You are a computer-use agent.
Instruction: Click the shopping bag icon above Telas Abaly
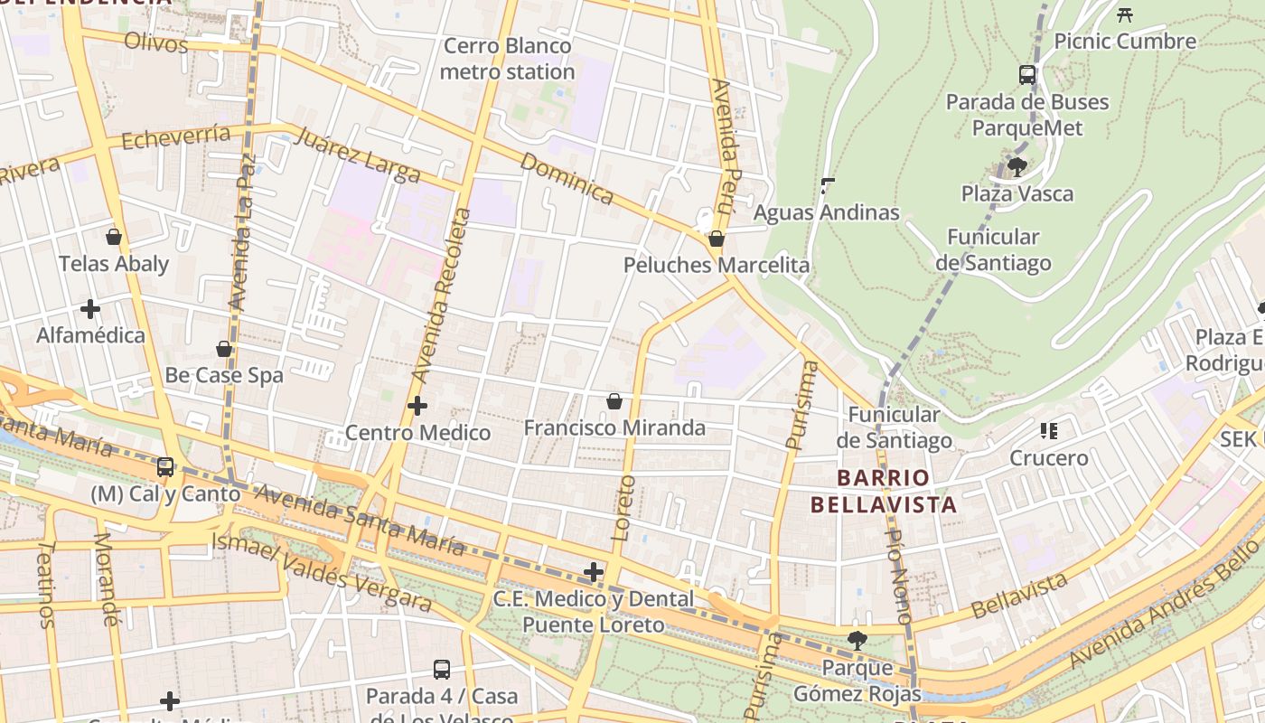[114, 237]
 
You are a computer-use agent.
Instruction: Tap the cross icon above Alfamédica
[90, 309]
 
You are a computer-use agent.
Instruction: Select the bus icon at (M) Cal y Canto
[165, 467]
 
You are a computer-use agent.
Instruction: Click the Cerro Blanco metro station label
[507, 59]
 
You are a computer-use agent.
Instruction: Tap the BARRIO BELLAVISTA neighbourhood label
[883, 491]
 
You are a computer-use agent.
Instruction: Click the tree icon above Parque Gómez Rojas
[857, 641]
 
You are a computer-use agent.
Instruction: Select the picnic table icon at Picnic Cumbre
[1125, 14]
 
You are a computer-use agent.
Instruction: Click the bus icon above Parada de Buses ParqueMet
[1027, 75]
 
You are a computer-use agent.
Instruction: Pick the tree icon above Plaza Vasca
[1017, 167]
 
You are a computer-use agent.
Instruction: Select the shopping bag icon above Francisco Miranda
[614, 401]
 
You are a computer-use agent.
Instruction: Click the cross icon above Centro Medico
[417, 407]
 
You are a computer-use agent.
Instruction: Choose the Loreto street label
[624, 508]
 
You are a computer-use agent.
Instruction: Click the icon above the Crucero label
[1049, 431]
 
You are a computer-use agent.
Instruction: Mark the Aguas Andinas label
[826, 212]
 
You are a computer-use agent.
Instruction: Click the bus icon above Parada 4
[442, 670]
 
